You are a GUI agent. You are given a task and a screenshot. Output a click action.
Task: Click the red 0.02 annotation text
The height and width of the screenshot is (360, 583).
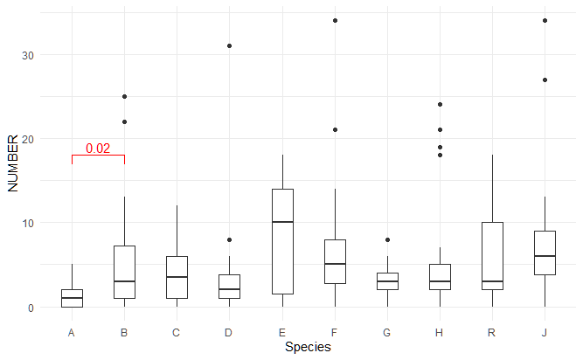(x=98, y=149)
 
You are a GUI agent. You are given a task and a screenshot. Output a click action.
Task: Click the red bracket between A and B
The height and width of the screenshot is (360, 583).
(x=98, y=156)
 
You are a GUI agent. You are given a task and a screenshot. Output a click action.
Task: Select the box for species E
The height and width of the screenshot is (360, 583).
(x=282, y=241)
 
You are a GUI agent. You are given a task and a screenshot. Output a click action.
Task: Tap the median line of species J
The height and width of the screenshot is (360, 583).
(x=545, y=256)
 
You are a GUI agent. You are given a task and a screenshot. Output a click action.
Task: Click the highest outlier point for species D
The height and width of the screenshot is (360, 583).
(x=229, y=46)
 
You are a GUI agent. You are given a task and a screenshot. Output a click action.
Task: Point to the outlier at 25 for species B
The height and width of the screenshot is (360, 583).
(x=125, y=97)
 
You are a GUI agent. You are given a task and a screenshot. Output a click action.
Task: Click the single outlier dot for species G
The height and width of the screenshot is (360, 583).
(x=387, y=240)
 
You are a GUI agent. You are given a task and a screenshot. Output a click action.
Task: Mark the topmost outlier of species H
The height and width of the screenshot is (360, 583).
(x=440, y=104)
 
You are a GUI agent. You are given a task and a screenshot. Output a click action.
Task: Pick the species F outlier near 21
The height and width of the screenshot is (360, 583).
(x=335, y=129)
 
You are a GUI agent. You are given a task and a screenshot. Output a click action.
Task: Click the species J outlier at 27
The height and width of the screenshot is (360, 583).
(x=545, y=80)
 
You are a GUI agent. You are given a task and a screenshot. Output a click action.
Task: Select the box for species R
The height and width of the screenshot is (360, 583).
(x=492, y=256)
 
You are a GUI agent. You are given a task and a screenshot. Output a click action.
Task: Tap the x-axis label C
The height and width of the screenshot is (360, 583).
(x=176, y=333)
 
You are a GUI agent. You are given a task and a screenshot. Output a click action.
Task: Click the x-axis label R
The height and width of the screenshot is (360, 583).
(x=491, y=333)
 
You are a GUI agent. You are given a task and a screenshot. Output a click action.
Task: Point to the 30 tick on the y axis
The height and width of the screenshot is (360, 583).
(x=27, y=55)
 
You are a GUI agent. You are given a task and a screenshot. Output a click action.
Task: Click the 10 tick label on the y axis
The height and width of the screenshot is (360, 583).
(x=27, y=224)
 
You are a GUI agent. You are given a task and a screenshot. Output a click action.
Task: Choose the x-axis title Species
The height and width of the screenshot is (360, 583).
(x=308, y=347)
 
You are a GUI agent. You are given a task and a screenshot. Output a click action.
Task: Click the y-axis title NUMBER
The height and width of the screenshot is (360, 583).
(x=12, y=163)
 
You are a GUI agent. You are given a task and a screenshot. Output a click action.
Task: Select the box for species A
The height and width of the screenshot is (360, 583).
(x=72, y=298)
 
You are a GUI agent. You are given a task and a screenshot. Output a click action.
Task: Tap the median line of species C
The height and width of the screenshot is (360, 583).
(x=177, y=277)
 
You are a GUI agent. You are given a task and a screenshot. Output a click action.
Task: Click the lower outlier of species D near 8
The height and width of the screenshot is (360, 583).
(x=229, y=240)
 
